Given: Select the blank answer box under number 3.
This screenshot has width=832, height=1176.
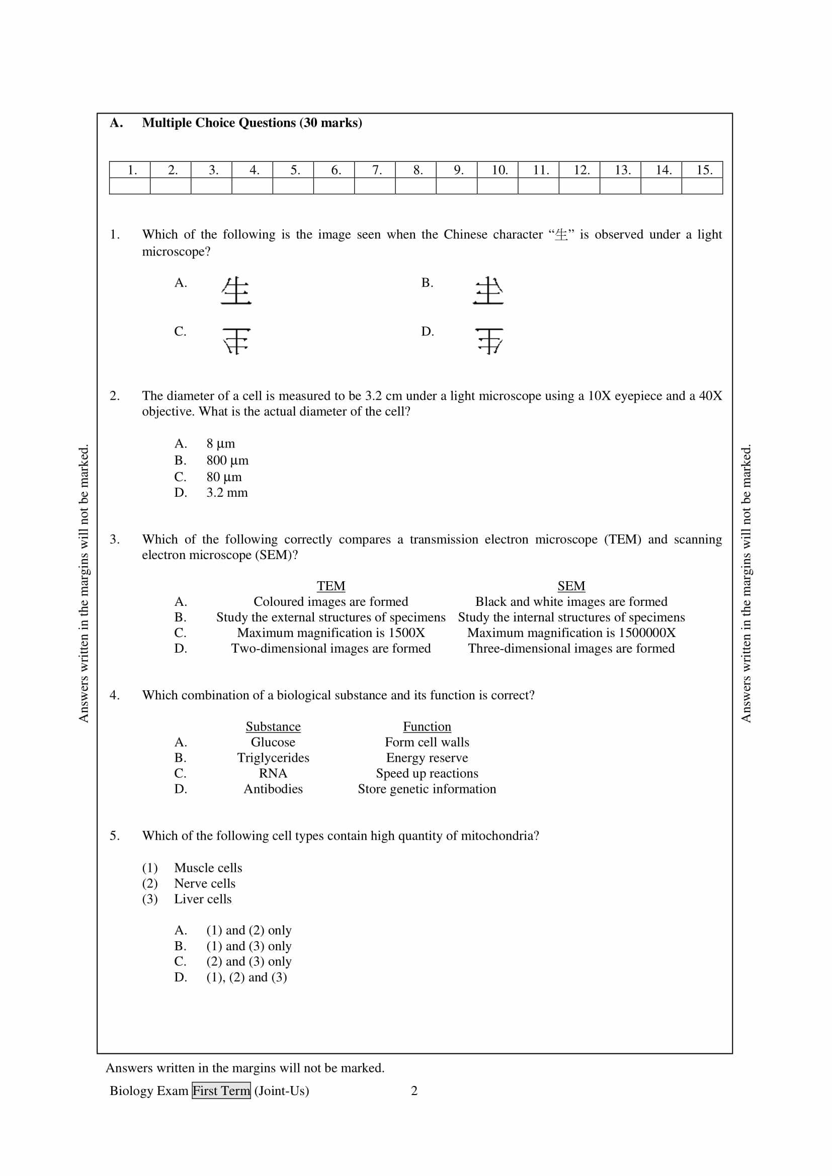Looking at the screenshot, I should pos(212,186).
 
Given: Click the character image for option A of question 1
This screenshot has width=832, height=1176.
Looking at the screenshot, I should pos(236,291).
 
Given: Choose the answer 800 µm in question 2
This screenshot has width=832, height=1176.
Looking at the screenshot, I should pos(227,461).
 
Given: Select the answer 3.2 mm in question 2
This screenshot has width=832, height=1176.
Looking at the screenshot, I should pos(227,493).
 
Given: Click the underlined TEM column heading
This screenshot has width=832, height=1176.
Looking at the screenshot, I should pos(331,586).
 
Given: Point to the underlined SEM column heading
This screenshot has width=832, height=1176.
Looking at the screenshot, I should pos(571,586).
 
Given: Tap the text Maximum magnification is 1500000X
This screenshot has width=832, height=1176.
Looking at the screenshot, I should pos(571,633).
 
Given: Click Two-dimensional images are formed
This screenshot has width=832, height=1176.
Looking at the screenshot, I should pos(331,649).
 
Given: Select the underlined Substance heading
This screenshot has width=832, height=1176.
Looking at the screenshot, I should pos(273,727).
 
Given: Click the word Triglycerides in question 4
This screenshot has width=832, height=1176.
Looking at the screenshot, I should pos(273,758).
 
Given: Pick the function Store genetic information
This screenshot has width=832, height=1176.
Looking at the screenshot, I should pos(427,789).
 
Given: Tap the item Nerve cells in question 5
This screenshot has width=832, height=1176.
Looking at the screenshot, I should pos(205,883).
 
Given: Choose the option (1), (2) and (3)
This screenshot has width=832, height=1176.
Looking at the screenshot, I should pos(246,977).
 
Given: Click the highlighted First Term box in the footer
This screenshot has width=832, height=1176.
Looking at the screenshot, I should pos(221,1091).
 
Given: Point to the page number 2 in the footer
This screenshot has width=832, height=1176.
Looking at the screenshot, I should pos(414,1091).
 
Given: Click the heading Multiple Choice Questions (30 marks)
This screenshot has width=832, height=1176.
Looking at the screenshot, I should pos(252,123).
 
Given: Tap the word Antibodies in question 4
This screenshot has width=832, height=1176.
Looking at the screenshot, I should pos(273,789).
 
